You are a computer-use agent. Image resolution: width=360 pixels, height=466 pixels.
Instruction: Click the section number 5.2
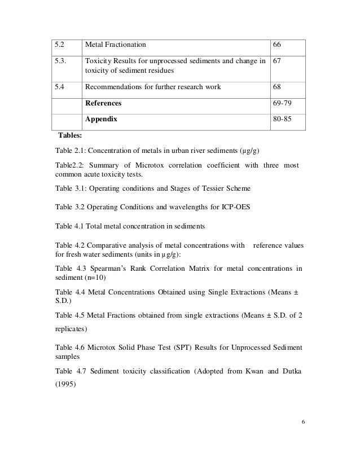pos(58,44)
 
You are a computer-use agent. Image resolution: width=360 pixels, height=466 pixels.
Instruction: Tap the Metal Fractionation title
pos(115,44)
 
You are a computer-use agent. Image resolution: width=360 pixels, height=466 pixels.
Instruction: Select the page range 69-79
pos(283,104)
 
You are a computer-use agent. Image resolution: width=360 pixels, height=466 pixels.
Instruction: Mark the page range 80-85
pos(283,120)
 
